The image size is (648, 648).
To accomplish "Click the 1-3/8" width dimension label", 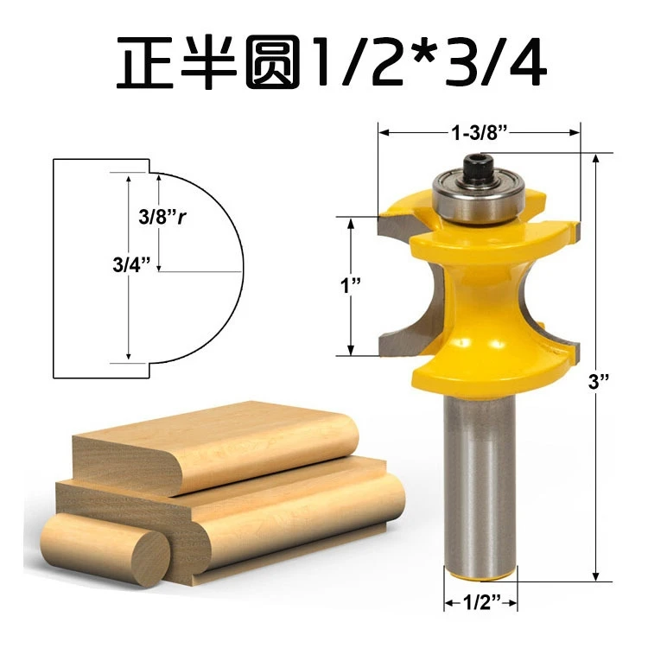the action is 480,133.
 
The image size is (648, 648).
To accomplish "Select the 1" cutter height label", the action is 351,285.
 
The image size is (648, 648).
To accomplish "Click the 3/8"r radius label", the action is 162,216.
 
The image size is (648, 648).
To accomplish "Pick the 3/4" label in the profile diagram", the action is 131,264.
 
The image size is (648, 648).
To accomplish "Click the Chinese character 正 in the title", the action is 145,62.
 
